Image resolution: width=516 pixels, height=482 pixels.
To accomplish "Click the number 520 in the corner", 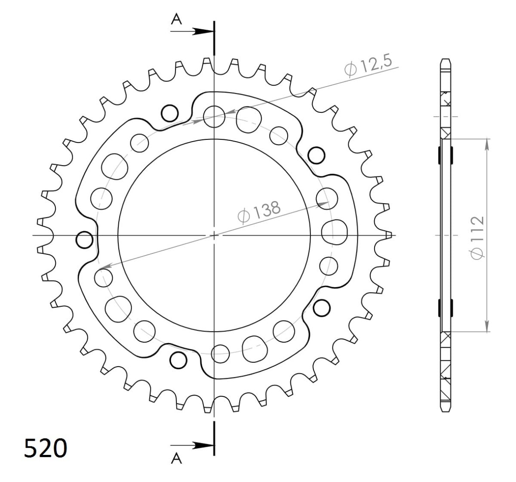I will pyautogui.click(x=45, y=450).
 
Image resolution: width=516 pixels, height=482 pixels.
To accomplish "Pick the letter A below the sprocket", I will pyautogui.click(x=176, y=460).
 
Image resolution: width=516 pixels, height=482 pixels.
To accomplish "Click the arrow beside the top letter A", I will pyautogui.click(x=202, y=31).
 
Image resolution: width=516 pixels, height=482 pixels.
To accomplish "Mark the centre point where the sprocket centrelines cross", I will pyautogui.click(x=214, y=235).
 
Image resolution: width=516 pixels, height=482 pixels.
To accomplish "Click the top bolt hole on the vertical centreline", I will pyautogui.click(x=214, y=117).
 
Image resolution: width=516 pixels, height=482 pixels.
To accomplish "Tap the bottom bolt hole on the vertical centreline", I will pyautogui.click(x=221, y=354).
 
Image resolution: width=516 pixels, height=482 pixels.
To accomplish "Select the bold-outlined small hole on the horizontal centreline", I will pyautogui.click(x=84, y=240).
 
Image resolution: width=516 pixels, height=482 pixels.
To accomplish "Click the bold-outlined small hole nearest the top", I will pyautogui.click(x=169, y=113).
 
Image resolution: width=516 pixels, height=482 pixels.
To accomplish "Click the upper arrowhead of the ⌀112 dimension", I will pyautogui.click(x=487, y=144).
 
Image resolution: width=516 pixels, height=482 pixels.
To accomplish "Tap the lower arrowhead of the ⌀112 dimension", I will pyautogui.click(x=487, y=327).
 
